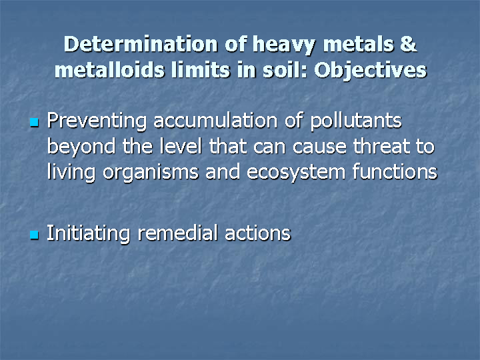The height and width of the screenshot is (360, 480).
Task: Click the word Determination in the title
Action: tap(141, 44)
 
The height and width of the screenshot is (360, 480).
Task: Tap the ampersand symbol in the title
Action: tap(408, 44)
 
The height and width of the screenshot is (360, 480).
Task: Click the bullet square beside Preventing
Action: tap(34, 123)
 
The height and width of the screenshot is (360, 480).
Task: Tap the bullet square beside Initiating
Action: tap(34, 235)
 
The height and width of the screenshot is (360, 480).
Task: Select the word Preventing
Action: tap(97, 121)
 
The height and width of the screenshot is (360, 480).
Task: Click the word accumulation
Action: tap(215, 120)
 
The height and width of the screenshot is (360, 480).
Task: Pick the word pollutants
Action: tap(356, 121)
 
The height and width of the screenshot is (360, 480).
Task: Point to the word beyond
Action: tap(81, 147)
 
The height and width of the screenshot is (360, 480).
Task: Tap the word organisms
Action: tap(151, 173)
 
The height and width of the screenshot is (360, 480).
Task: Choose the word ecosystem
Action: tap(296, 173)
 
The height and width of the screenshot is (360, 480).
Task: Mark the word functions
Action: tap(395, 172)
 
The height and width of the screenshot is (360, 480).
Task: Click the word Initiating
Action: tap(89, 234)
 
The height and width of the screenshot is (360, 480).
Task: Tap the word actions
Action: tap(258, 233)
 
